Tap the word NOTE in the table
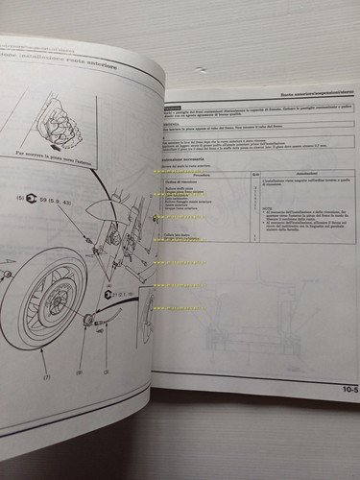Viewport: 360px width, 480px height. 274,219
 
